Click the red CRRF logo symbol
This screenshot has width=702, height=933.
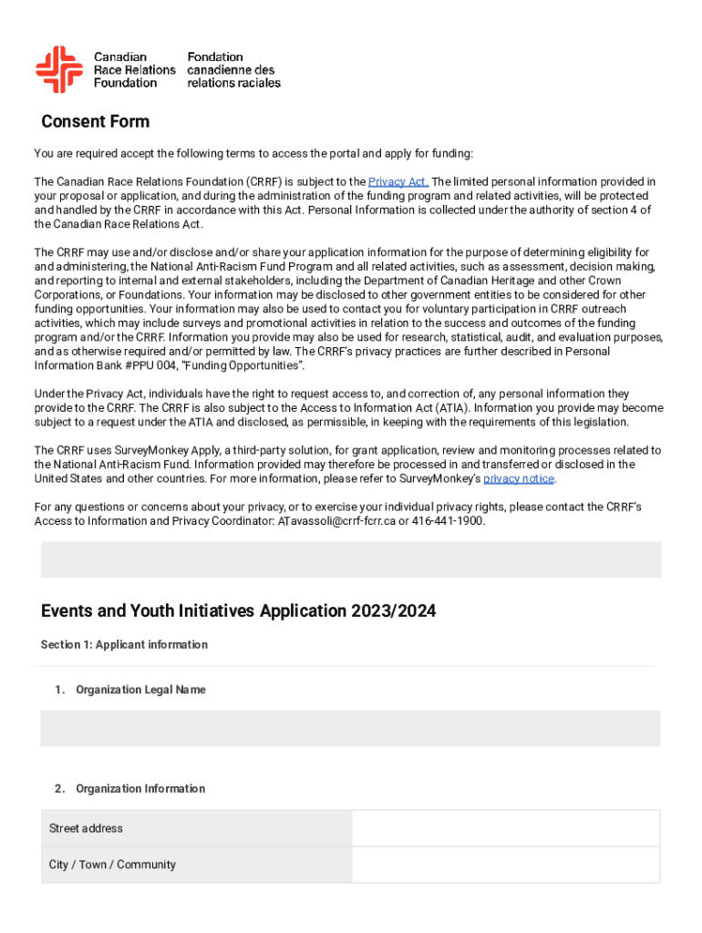point(59,69)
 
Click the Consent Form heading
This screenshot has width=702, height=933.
point(96,122)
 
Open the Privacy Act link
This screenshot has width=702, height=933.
point(398,181)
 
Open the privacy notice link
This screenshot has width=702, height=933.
point(519,478)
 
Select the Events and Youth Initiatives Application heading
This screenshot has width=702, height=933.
point(238,611)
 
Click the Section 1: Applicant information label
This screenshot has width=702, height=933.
point(124,645)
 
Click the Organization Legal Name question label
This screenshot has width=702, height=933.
point(140,690)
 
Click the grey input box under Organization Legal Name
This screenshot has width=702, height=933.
point(350,729)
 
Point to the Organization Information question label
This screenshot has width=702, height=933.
point(140,788)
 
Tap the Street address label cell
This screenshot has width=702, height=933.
point(196,828)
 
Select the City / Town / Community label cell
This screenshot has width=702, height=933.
point(196,865)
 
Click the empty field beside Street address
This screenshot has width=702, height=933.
point(505,828)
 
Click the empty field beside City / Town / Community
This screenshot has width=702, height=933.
point(505,865)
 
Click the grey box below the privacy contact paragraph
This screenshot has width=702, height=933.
point(350,559)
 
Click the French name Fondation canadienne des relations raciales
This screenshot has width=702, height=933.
point(233,69)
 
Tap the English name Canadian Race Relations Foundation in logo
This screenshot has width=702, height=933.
point(134,69)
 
